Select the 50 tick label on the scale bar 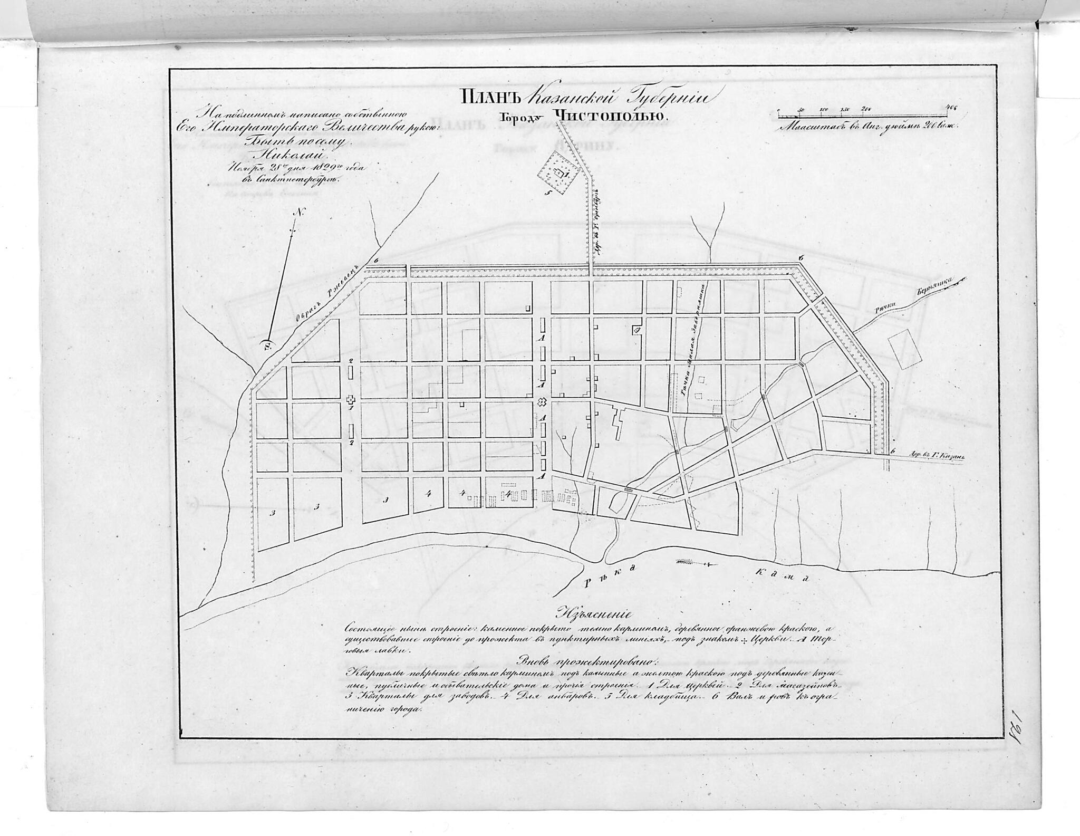[x=801, y=110]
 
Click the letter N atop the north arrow [x=300, y=214]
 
